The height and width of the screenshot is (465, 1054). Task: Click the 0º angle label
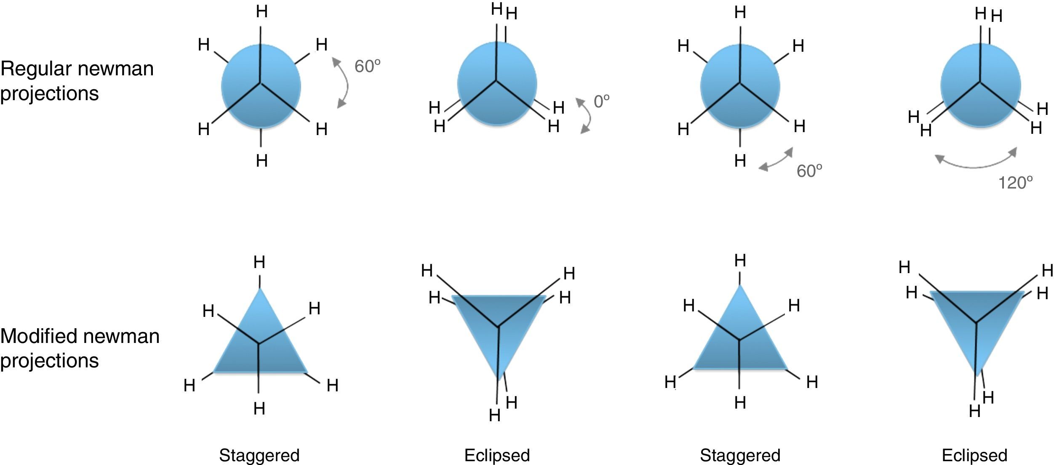(601, 101)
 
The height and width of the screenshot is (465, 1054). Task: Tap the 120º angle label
(1015, 183)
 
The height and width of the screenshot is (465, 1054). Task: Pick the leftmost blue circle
(261, 86)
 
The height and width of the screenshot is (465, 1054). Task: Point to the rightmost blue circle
(980, 85)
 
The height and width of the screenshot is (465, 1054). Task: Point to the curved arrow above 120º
(976, 162)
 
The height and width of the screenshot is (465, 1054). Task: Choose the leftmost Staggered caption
(259, 455)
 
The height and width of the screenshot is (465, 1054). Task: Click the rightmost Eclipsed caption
(974, 455)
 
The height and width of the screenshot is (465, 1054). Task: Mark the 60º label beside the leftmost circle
(367, 66)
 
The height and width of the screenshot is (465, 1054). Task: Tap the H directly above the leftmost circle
(261, 12)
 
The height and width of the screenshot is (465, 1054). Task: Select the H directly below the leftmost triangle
(259, 408)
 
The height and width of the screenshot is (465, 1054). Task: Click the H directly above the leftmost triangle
(259, 263)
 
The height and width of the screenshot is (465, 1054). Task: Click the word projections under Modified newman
(49, 361)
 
